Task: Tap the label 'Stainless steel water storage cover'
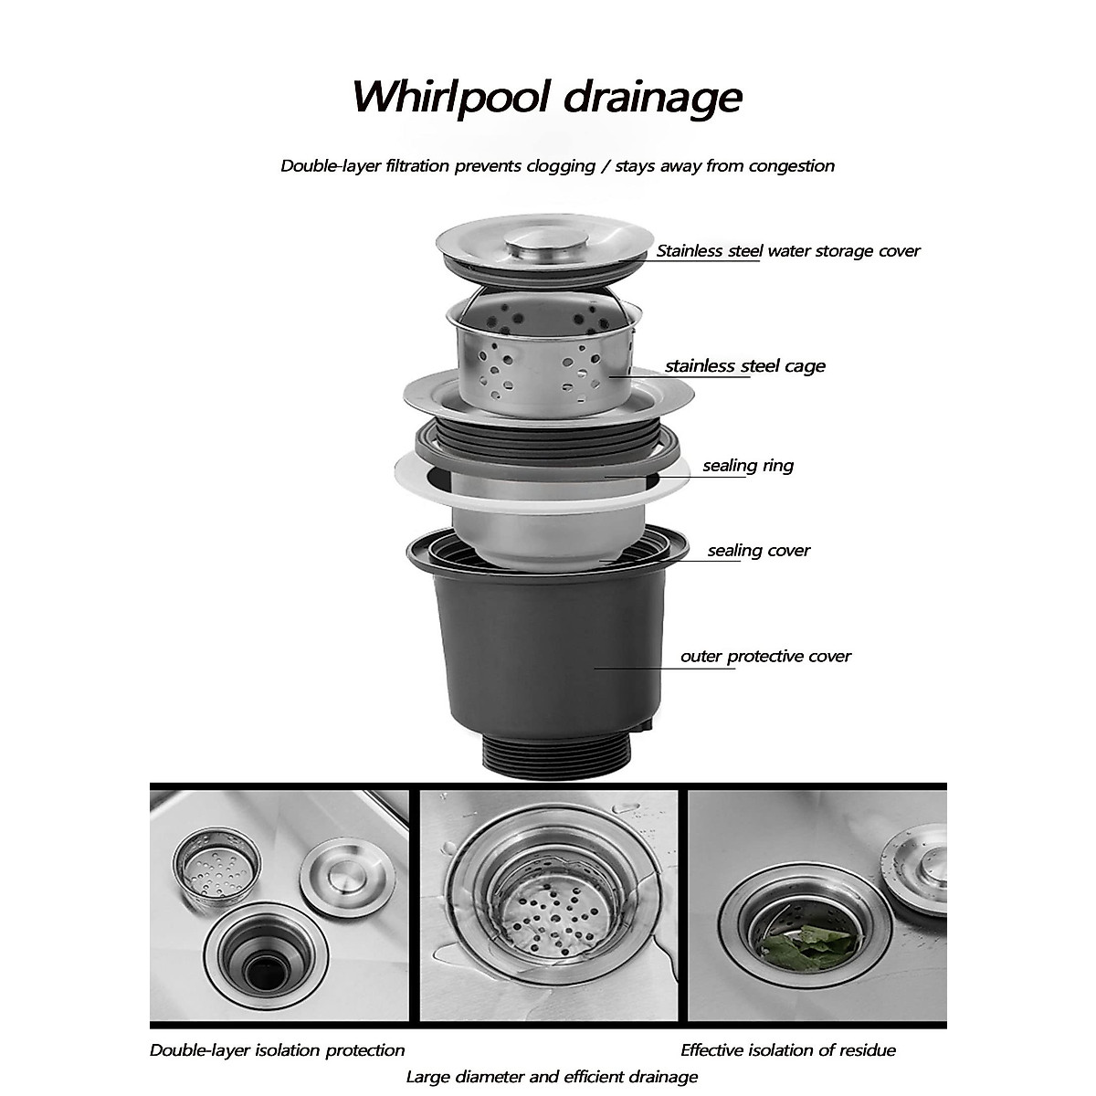[x=788, y=251]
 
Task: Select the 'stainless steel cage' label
[x=744, y=366]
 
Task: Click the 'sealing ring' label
[x=748, y=466]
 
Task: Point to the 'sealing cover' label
[x=758, y=551]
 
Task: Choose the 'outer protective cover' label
[x=765, y=657]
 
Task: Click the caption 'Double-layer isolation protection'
[x=277, y=1050]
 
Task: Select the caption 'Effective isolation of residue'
[x=787, y=1050]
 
